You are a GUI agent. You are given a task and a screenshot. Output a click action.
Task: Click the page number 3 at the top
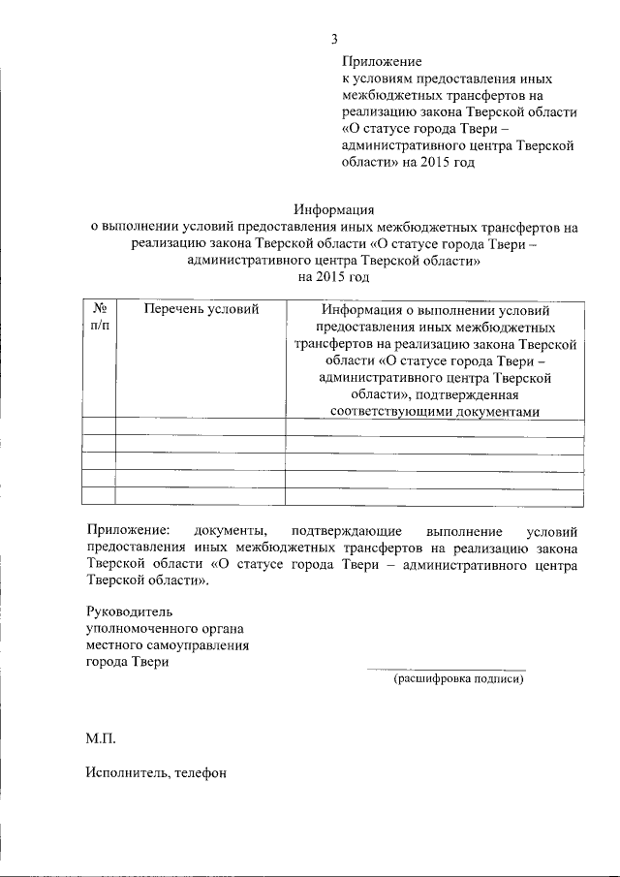click(x=334, y=40)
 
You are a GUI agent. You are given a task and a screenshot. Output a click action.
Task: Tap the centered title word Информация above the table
click(x=333, y=209)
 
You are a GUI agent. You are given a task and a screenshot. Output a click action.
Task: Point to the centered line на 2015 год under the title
click(x=333, y=278)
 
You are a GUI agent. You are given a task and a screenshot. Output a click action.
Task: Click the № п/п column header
click(x=99, y=318)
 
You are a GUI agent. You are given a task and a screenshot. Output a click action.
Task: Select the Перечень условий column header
click(x=201, y=310)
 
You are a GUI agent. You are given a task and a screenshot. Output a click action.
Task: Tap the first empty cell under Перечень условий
click(x=201, y=428)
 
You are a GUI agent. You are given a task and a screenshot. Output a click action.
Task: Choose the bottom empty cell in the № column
click(x=99, y=495)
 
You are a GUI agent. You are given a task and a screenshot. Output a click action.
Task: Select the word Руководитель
click(x=128, y=611)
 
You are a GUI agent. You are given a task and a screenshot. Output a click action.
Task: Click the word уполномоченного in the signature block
click(x=141, y=628)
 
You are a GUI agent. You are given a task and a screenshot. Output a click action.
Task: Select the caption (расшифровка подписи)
click(x=458, y=679)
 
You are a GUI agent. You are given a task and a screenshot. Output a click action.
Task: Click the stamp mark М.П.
click(x=100, y=739)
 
